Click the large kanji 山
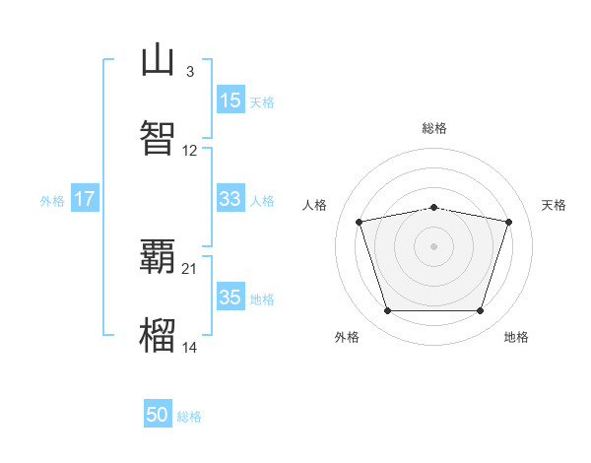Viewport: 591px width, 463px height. (x=158, y=59)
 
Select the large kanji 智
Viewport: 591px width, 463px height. (x=158, y=138)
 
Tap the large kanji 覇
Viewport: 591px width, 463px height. (x=158, y=256)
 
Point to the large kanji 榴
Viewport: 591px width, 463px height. (x=158, y=335)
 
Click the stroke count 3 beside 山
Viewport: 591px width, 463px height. (x=190, y=72)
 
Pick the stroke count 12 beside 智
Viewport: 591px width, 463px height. (x=189, y=151)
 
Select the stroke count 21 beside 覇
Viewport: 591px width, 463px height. (x=189, y=269)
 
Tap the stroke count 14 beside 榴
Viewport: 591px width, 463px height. (x=189, y=347)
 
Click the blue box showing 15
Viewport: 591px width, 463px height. (x=230, y=99)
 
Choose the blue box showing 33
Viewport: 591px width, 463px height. (x=230, y=198)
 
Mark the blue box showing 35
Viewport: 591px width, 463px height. (x=230, y=296)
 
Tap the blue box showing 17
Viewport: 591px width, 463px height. (x=85, y=198)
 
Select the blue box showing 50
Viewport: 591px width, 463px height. (x=158, y=413)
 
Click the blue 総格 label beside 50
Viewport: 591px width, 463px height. (x=189, y=417)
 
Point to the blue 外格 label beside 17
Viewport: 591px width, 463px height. (x=52, y=201)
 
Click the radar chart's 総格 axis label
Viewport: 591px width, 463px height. (x=434, y=128)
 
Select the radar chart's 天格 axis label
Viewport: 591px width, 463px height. (x=554, y=205)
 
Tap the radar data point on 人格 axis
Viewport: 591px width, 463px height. (x=360, y=222)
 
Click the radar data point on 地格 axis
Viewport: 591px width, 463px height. (x=481, y=310)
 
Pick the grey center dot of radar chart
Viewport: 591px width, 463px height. (x=433, y=246)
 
